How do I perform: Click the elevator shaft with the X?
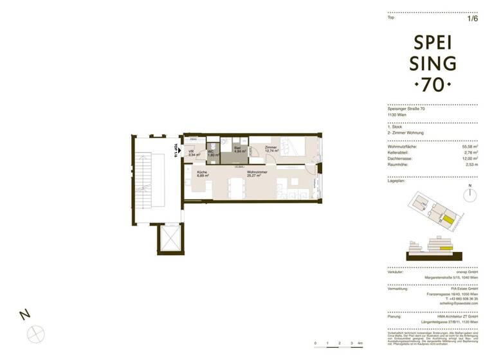[x=171, y=239]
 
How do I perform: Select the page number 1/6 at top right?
[x=473, y=19]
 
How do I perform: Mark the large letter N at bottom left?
[x=24, y=314]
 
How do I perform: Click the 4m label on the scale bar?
[x=361, y=345]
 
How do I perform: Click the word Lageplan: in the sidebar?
[x=396, y=182]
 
